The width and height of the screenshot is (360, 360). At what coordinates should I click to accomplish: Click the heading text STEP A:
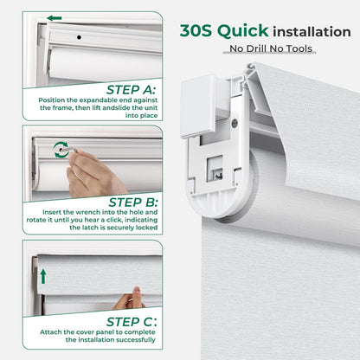pyautogui.click(x=130, y=89)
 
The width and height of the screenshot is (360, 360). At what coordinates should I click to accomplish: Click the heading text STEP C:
pyautogui.click(x=130, y=321)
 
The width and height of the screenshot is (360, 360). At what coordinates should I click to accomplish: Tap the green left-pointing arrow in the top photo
pyautogui.click(x=55, y=17)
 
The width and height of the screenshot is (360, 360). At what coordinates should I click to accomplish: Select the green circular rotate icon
pyautogui.click(x=60, y=149)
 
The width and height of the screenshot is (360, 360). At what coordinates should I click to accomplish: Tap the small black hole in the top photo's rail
pyautogui.click(x=79, y=38)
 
